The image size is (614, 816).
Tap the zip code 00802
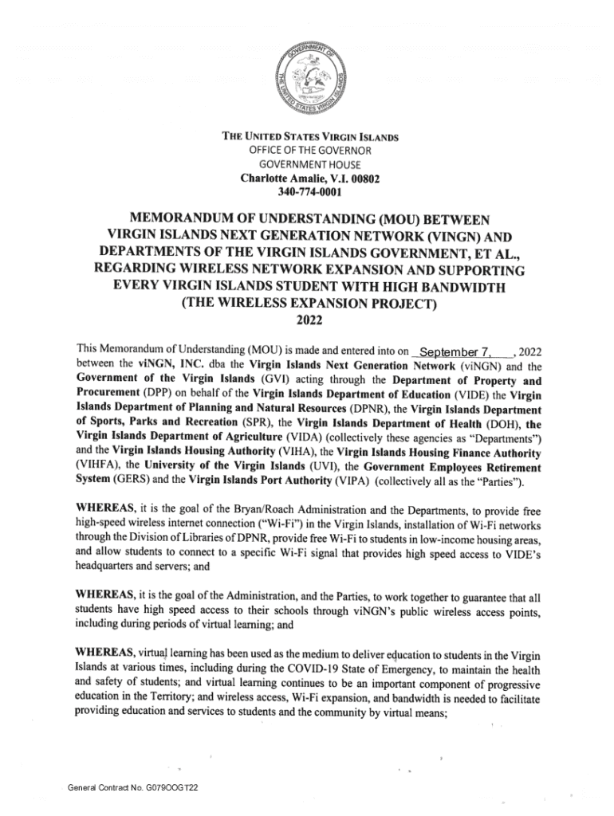coord(363,178)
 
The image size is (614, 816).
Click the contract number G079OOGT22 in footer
coord(170,788)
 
